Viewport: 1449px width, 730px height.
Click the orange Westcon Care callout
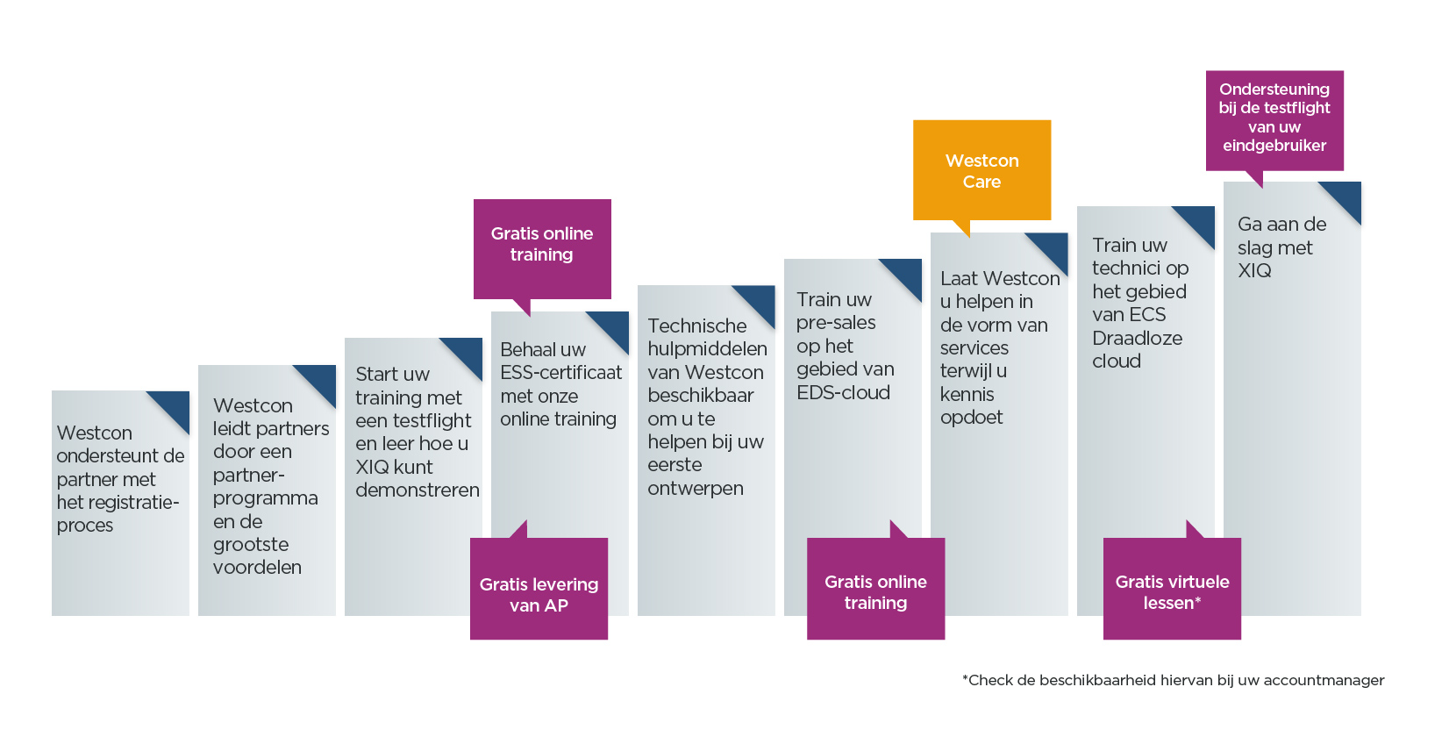coord(981,170)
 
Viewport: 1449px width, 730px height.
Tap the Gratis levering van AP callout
coord(539,588)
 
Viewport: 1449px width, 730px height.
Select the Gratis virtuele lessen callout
coord(1172,588)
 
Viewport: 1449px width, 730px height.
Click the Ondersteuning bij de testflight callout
coord(1274,121)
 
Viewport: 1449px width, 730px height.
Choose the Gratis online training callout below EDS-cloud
coord(876,588)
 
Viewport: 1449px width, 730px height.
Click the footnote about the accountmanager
coord(1174,680)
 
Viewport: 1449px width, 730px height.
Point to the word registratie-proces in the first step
coord(118,513)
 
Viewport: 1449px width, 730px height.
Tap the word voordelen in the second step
coord(258,567)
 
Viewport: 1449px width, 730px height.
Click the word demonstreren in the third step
coord(418,490)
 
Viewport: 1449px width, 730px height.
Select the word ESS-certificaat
coord(560,373)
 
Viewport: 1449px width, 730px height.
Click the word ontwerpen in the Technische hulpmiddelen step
coord(696,489)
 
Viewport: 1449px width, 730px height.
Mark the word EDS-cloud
coord(843,393)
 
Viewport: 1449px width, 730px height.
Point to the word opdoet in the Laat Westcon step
coord(971,418)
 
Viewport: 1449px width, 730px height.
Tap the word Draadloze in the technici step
coord(1138,339)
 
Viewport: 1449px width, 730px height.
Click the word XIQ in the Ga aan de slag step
coord(1254,270)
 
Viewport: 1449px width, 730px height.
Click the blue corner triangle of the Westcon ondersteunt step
coord(175,405)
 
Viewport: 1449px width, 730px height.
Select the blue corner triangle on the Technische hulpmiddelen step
coord(760,300)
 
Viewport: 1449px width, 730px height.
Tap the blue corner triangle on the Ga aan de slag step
coord(1346,197)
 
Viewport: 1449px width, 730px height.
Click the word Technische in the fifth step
coord(696,326)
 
